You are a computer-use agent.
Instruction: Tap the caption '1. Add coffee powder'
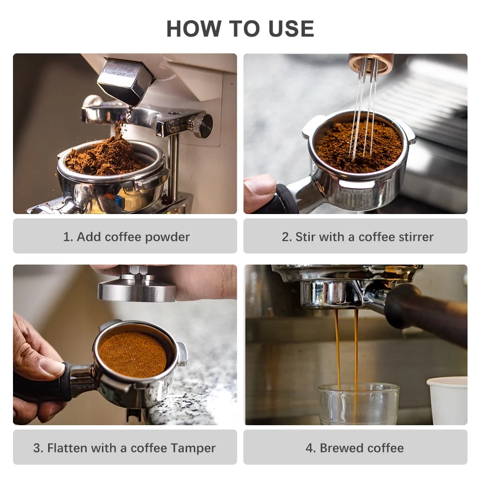click(126, 237)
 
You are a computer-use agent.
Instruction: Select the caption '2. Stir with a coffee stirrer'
click(357, 237)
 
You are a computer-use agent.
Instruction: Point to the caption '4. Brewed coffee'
click(354, 448)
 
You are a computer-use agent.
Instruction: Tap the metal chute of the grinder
click(124, 81)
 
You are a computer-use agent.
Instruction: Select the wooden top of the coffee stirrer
click(371, 63)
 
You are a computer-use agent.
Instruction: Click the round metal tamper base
click(137, 290)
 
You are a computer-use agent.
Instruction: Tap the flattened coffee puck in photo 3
click(133, 354)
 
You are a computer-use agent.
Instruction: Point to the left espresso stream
click(337, 346)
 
